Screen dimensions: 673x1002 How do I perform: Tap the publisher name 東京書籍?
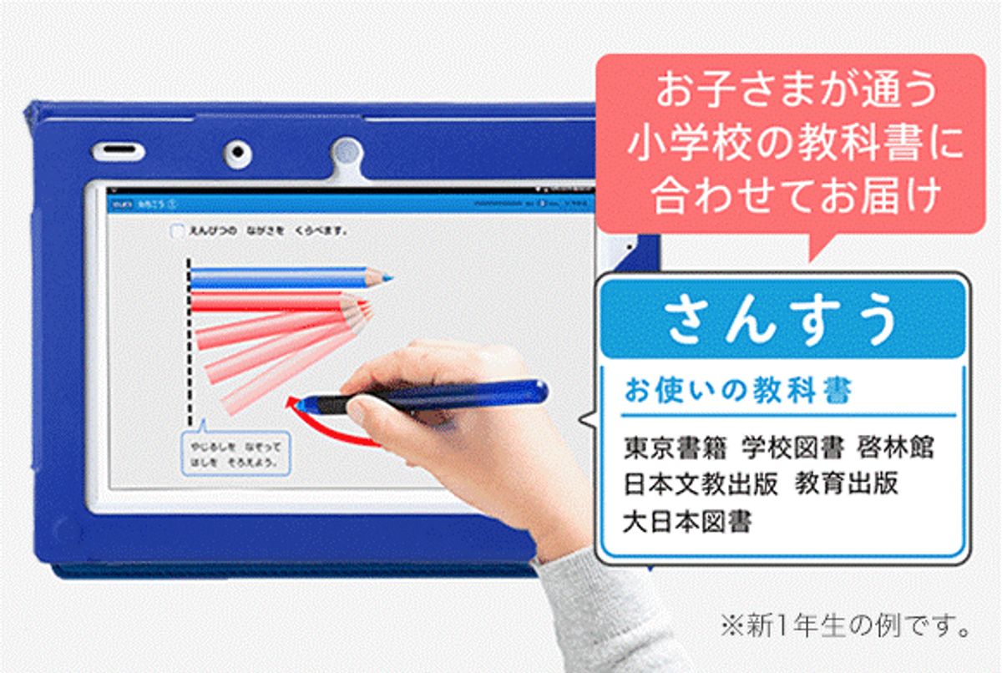tap(675, 448)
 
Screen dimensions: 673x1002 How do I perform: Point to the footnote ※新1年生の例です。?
tap(844, 625)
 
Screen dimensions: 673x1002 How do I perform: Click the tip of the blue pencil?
tap(389, 277)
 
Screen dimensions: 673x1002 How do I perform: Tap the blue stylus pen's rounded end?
tap(539, 390)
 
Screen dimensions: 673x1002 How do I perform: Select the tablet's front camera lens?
tap(239, 153)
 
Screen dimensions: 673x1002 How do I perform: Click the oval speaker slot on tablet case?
tap(118, 152)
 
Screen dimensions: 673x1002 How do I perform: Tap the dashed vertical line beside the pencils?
tap(190, 342)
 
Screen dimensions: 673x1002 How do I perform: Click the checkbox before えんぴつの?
tap(176, 231)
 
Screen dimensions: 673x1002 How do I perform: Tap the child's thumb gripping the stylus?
tap(367, 409)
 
